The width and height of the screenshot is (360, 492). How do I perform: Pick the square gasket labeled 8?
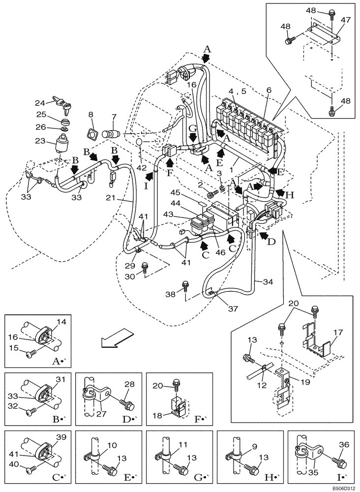[x=91, y=133]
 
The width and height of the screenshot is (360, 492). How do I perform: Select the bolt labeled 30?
[x=145, y=268]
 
